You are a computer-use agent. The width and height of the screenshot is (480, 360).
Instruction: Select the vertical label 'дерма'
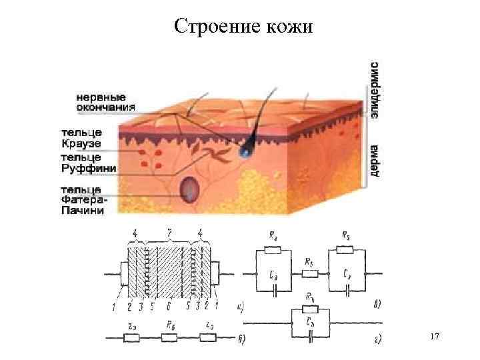(x=375, y=160)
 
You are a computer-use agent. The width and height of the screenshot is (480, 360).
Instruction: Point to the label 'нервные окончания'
(x=104, y=100)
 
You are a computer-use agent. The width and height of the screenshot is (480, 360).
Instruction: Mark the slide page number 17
(x=435, y=338)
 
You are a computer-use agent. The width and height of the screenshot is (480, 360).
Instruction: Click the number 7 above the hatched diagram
(x=170, y=232)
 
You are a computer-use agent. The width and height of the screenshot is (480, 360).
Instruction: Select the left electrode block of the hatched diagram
(x=123, y=273)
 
